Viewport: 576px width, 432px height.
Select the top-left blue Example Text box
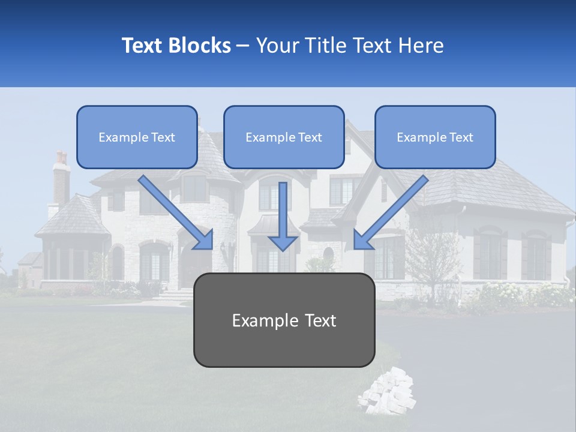click(x=137, y=137)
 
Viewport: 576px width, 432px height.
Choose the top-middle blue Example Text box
click(x=284, y=137)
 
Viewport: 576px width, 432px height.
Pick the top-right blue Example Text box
click(x=435, y=137)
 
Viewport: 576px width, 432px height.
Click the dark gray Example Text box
click(x=284, y=320)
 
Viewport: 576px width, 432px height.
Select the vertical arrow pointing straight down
click(x=283, y=216)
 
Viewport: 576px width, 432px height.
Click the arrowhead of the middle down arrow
click(x=283, y=242)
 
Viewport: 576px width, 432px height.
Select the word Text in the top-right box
click(x=461, y=137)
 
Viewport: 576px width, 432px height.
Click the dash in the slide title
click(x=243, y=46)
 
